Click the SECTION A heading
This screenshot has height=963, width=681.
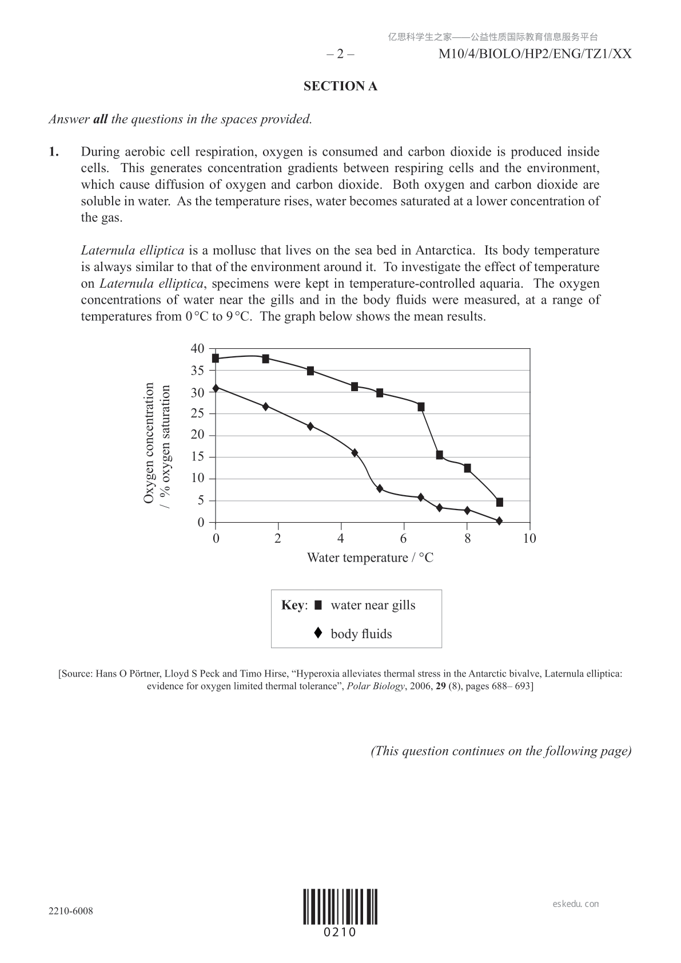(x=340, y=86)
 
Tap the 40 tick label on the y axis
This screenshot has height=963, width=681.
(x=197, y=348)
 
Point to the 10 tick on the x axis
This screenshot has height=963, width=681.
(x=529, y=538)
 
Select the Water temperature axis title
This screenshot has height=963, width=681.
(x=370, y=558)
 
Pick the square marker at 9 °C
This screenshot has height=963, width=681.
(x=499, y=502)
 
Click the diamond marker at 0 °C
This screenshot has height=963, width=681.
(x=216, y=388)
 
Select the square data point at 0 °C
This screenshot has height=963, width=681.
(x=216, y=358)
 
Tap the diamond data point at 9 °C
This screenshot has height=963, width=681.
(x=499, y=521)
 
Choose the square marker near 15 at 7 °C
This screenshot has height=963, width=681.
(x=439, y=455)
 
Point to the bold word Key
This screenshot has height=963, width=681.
(x=293, y=605)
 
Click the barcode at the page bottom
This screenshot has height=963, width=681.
(x=340, y=906)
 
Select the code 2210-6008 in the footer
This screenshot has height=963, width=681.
(x=71, y=911)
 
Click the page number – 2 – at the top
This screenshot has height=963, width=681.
(x=340, y=54)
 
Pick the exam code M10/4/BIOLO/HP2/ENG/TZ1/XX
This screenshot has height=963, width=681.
(x=535, y=54)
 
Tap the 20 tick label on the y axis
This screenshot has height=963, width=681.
(x=197, y=435)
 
